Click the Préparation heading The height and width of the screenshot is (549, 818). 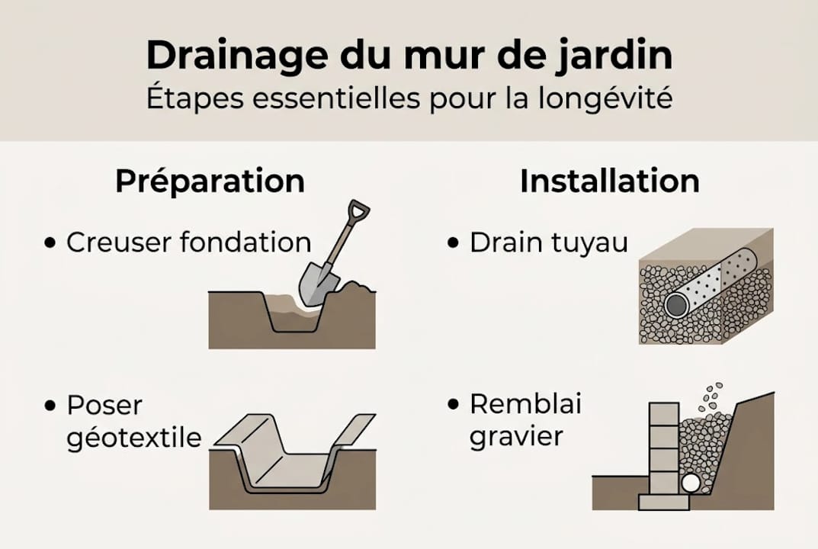click(x=210, y=181)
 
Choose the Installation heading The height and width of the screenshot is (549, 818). click(x=610, y=181)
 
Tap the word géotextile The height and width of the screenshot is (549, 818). click(x=134, y=438)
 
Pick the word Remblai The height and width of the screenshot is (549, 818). click(x=525, y=404)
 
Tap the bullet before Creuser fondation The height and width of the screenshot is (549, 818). click(x=51, y=243)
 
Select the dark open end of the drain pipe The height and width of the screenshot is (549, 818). click(x=676, y=305)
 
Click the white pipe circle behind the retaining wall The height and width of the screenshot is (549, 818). click(x=691, y=483)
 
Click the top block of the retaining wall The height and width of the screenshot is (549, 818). click(x=663, y=414)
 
